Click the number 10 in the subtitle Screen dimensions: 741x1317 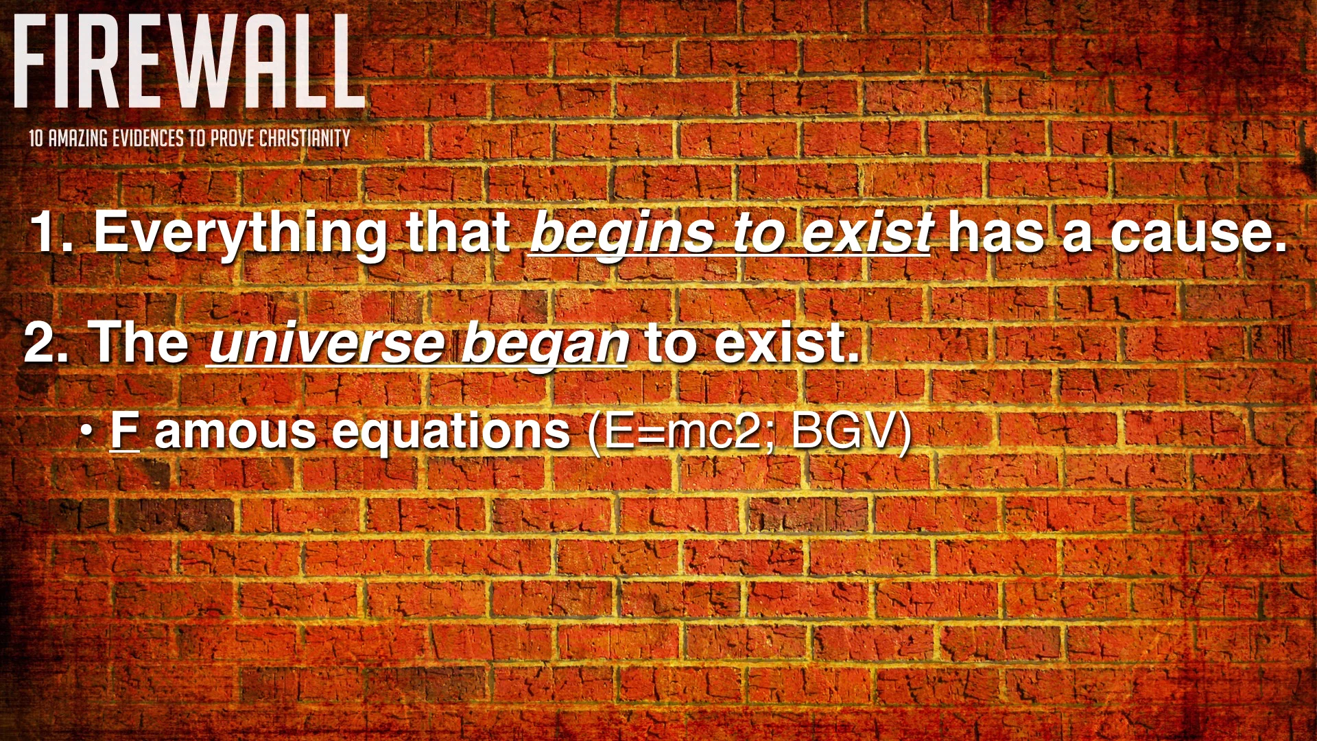(36, 139)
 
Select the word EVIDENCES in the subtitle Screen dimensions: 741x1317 (148, 139)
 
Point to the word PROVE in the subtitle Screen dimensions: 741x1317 (233, 139)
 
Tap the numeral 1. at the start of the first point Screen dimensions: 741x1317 (51, 232)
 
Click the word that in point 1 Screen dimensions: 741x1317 (458, 232)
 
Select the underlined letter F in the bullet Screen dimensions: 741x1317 (125, 431)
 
